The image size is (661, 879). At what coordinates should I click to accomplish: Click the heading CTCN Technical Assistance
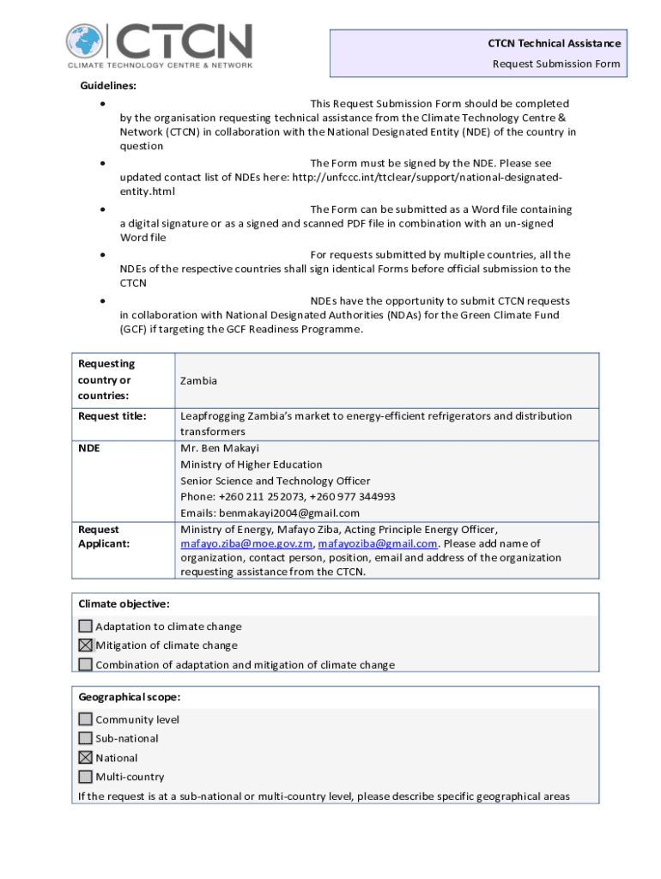coord(554,44)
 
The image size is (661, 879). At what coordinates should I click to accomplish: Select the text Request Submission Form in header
coord(555,64)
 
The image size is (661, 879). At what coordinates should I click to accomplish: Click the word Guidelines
coord(108,86)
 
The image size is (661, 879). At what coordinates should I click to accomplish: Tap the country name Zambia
coord(198,380)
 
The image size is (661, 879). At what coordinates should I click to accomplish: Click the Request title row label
coord(112,416)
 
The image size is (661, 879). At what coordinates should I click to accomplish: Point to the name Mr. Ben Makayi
coord(220,448)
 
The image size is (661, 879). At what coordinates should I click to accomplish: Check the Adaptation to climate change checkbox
coord(86,627)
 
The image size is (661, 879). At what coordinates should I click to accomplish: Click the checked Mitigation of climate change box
coord(86,646)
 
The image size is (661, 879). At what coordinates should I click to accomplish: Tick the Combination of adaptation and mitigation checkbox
coord(86,664)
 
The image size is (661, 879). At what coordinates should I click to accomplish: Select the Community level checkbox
coord(86,719)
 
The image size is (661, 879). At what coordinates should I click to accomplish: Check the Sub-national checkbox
coord(86,738)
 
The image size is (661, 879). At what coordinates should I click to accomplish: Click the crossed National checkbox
coord(86,758)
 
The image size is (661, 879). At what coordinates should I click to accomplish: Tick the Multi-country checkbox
coord(86,777)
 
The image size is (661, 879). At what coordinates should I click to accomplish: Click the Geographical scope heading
coord(129,697)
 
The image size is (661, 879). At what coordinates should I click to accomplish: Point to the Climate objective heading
coord(124,604)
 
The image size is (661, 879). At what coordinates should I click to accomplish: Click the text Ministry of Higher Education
coord(252,464)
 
